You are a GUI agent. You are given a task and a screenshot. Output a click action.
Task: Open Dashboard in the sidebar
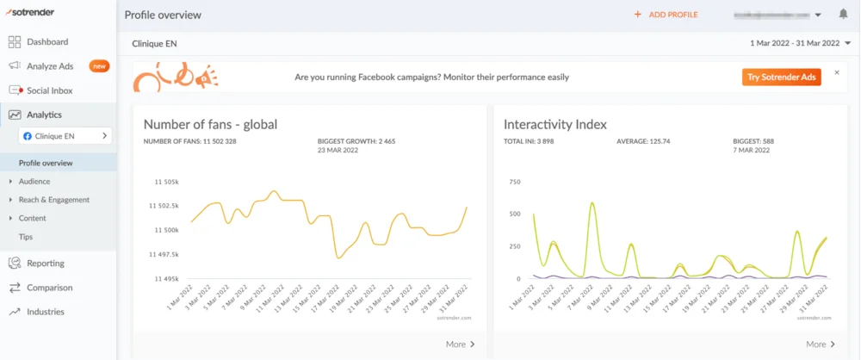(46, 41)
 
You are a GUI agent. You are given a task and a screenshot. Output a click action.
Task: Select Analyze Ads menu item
(50, 65)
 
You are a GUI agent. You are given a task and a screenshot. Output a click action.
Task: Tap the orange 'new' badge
(99, 65)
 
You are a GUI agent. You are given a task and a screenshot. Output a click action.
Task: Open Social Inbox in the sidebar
(49, 90)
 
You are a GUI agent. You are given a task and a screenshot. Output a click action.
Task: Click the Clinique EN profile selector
(65, 136)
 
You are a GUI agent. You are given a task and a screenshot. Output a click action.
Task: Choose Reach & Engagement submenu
(53, 200)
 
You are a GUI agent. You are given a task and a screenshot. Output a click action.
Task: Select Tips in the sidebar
(26, 237)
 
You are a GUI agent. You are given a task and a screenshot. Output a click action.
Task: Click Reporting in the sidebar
(45, 264)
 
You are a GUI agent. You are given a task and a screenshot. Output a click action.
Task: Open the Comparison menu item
(49, 288)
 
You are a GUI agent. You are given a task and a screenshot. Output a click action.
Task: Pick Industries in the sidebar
(45, 312)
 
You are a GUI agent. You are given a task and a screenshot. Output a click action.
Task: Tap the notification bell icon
(843, 15)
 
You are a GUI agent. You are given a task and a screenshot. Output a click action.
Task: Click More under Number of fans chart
(460, 344)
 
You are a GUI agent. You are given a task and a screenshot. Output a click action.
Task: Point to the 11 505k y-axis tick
(164, 183)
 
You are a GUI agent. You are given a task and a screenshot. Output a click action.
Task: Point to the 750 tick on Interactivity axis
(515, 183)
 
